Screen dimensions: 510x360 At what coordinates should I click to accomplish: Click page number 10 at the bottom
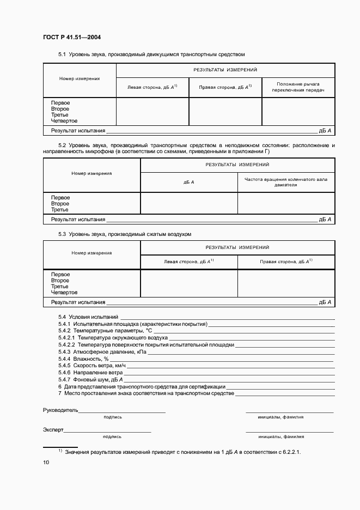coord(46,463)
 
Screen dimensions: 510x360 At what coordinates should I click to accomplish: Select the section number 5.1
coord(62,54)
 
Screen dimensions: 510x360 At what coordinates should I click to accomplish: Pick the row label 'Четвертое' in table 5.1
coord(64,121)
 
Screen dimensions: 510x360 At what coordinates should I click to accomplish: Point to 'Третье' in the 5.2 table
coord(59,210)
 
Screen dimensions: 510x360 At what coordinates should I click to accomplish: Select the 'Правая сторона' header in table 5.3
coord(286,262)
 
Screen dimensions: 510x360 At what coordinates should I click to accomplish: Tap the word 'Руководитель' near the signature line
coord(60,410)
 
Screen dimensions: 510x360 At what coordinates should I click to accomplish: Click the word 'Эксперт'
coord(53,430)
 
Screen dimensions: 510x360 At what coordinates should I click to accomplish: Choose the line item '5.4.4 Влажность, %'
coord(80,359)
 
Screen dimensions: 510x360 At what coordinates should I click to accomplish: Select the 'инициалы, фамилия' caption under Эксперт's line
coord(281,436)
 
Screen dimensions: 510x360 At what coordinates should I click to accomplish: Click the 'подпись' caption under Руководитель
coord(112,417)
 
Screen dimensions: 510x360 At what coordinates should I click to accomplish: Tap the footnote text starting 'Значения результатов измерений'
coord(182,452)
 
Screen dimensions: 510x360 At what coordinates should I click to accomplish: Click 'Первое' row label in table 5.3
coord(60,275)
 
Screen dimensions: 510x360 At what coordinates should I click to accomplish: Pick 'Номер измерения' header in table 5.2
coord(91,173)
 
